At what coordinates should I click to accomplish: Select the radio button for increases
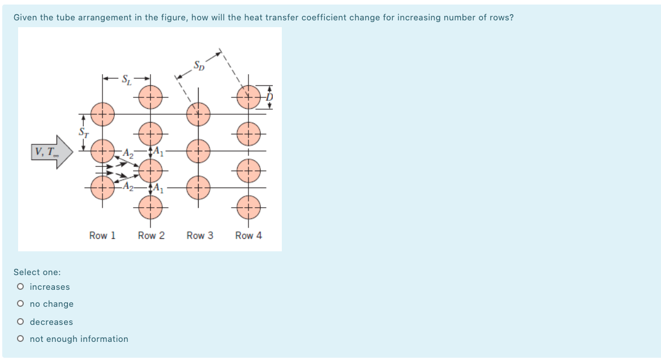point(21,287)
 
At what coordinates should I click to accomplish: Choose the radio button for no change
point(21,304)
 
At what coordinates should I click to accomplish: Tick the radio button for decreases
point(21,322)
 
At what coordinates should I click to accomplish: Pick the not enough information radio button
point(21,339)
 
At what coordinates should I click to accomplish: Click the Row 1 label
point(102,235)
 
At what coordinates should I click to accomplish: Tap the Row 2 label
point(151,235)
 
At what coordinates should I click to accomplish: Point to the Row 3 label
point(200,235)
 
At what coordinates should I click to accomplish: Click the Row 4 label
point(248,235)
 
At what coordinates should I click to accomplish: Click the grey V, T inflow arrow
point(51,152)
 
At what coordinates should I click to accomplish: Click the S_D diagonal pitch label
point(199,65)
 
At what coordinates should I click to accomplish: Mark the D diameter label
point(270,97)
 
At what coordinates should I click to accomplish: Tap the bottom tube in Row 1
point(102,186)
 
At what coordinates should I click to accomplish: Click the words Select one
point(37,272)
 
